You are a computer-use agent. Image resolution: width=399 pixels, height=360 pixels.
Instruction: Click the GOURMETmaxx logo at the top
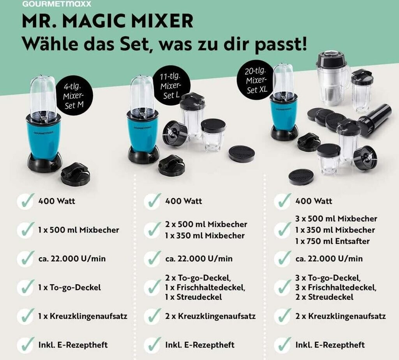(x=56, y=4)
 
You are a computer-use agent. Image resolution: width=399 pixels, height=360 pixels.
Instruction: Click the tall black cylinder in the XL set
(x=375, y=120)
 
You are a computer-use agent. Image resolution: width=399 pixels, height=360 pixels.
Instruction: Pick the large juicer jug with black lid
(x=332, y=78)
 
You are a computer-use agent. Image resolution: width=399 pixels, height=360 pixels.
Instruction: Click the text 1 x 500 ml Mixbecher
(x=79, y=230)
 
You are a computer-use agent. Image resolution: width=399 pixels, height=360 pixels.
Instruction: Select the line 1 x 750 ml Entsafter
(x=332, y=241)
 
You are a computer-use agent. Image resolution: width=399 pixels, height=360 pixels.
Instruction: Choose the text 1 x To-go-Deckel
(x=69, y=287)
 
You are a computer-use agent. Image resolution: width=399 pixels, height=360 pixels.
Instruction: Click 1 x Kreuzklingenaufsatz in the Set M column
(x=83, y=316)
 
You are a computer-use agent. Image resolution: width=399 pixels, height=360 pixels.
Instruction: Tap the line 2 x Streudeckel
(x=324, y=297)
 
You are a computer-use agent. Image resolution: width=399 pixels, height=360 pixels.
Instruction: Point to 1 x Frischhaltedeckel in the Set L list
(x=205, y=287)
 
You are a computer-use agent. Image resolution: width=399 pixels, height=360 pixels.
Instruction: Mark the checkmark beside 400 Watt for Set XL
(x=282, y=201)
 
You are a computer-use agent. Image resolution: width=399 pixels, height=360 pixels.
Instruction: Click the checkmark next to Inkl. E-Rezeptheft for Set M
(x=25, y=345)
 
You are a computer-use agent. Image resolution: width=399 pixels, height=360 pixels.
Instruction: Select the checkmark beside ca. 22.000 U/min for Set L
(x=152, y=259)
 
